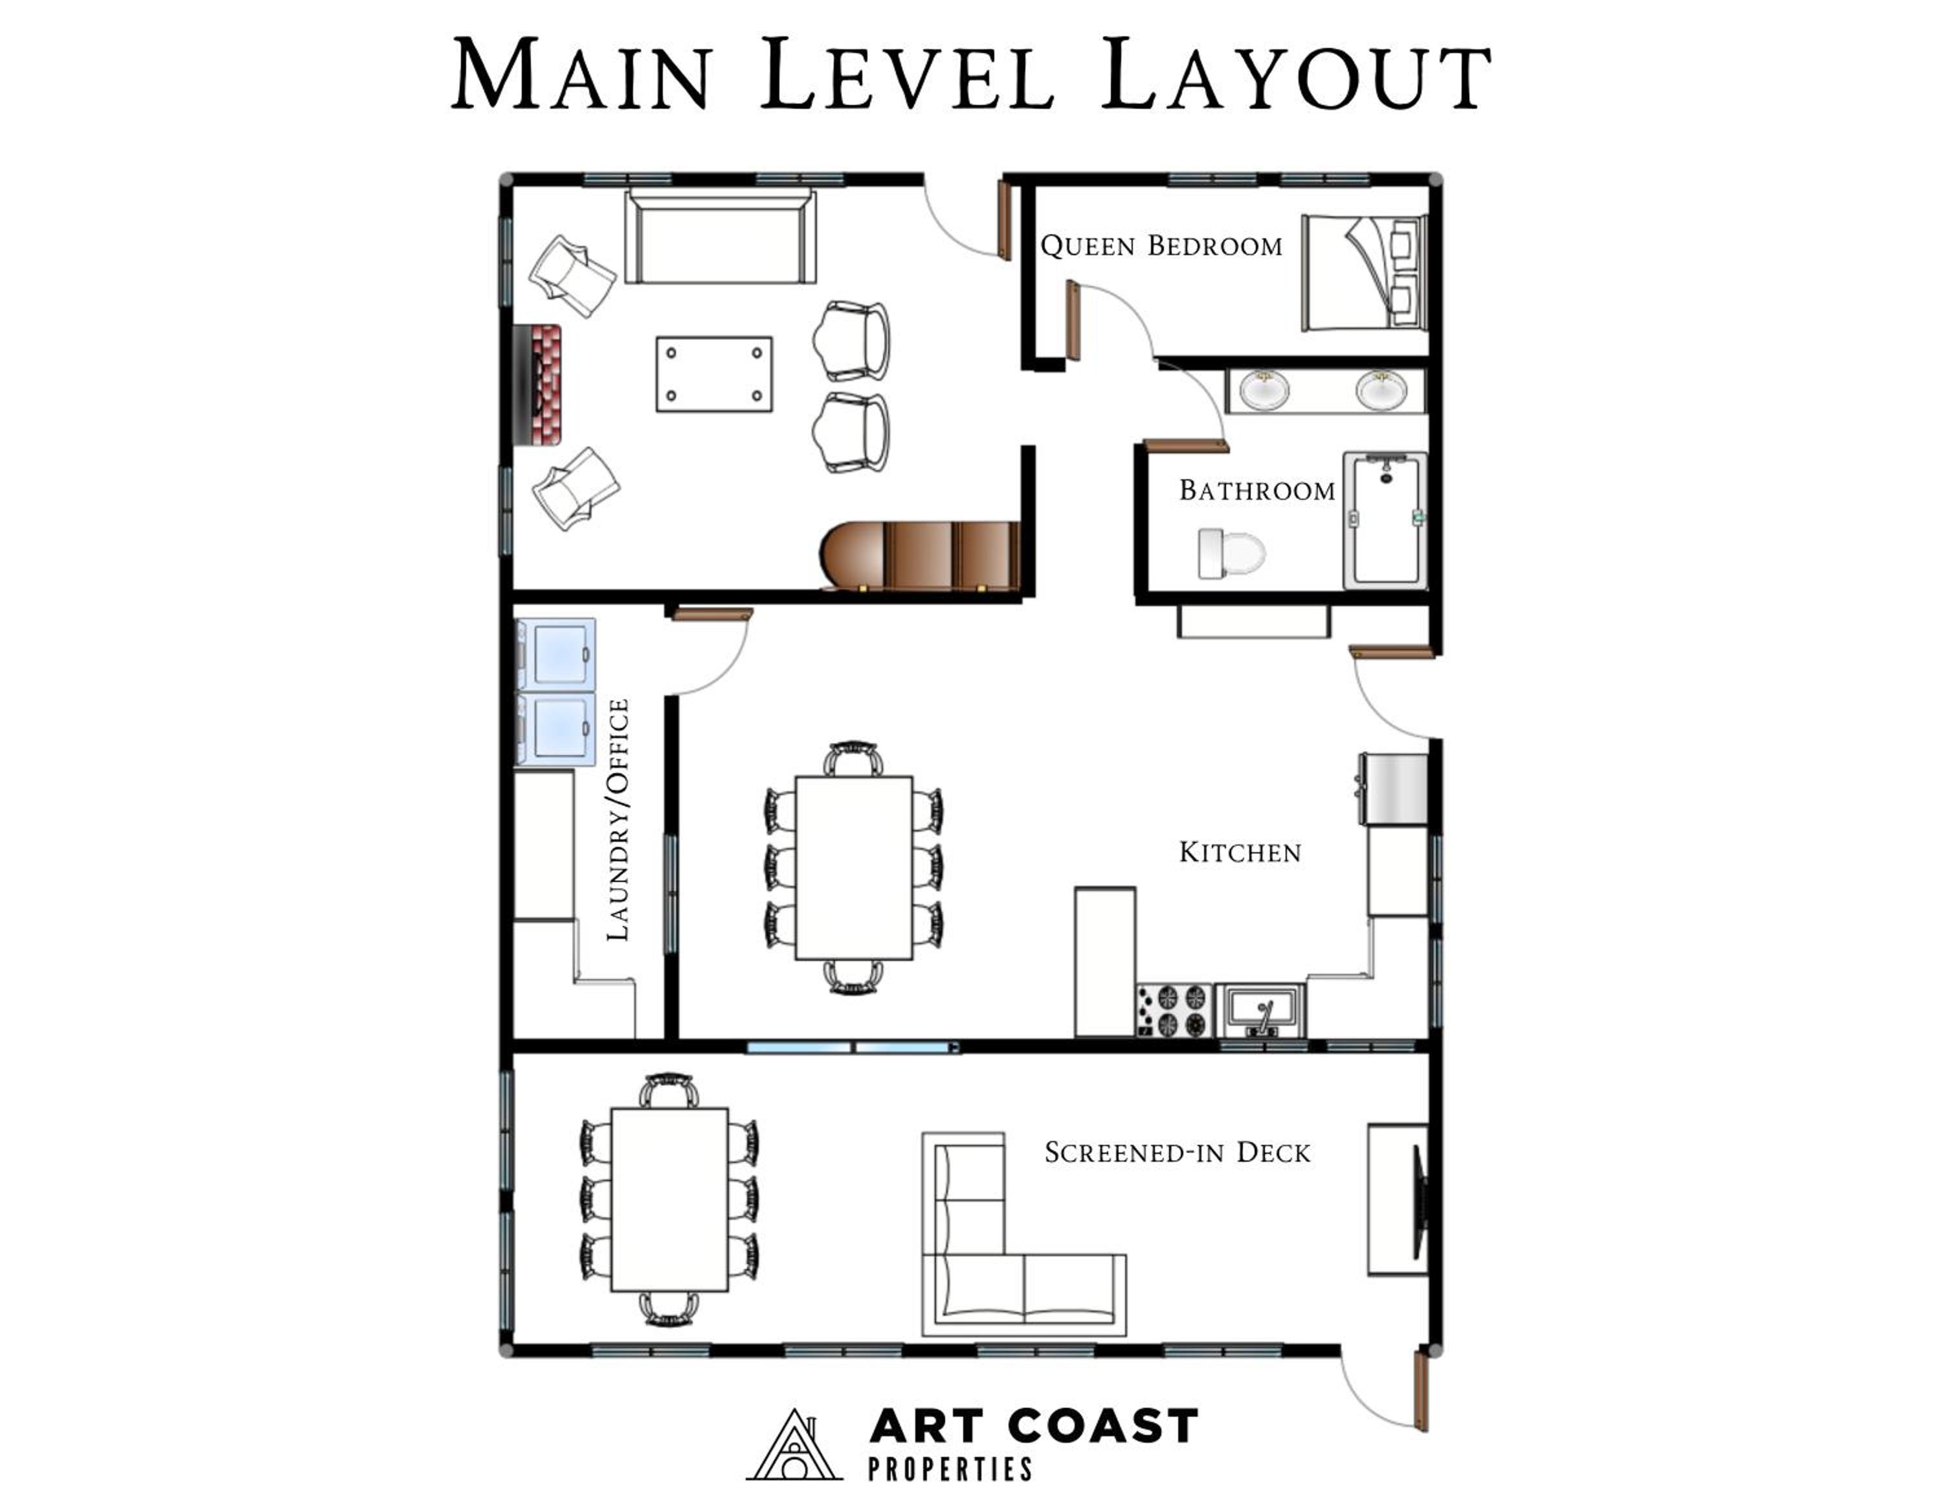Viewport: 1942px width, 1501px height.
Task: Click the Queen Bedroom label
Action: click(x=1161, y=245)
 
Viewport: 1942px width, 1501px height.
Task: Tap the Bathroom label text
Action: click(x=1257, y=490)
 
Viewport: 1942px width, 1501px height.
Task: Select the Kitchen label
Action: click(x=1240, y=852)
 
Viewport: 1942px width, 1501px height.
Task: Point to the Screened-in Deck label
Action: click(x=1177, y=1153)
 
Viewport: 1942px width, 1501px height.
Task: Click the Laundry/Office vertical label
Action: click(x=618, y=819)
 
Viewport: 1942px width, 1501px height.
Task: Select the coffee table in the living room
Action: click(x=714, y=374)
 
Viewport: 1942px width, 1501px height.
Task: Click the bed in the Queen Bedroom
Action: click(x=1364, y=272)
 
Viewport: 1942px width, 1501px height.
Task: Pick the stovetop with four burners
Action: click(x=1174, y=1010)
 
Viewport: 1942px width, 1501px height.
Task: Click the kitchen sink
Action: click(x=1261, y=1010)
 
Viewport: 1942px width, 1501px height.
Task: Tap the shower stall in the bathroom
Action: click(x=1385, y=520)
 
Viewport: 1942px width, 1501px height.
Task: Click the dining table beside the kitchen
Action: click(x=854, y=868)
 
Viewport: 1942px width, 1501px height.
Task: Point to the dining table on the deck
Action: click(x=669, y=1199)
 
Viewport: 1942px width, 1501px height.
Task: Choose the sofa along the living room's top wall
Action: click(x=720, y=236)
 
